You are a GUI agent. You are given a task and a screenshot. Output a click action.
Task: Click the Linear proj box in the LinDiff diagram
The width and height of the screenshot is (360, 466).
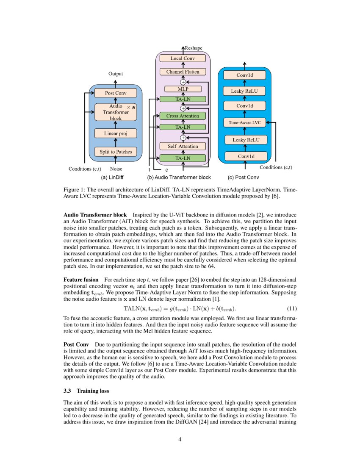pyautogui.click(x=116, y=133)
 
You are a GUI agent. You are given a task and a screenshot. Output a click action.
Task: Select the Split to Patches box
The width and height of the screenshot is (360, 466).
pyautogui.click(x=116, y=152)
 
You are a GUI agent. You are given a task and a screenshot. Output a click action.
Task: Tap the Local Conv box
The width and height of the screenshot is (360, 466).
pyautogui.click(x=183, y=58)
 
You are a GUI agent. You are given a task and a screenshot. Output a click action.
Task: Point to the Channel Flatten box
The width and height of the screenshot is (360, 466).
pyautogui.click(x=183, y=72)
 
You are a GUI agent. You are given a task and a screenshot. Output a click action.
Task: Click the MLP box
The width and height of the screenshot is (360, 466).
pyautogui.click(x=183, y=89)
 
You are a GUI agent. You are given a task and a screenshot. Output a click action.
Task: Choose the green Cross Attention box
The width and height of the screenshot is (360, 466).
pyautogui.click(x=183, y=116)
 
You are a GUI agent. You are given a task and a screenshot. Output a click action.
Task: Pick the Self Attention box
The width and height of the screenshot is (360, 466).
pyautogui.click(x=183, y=147)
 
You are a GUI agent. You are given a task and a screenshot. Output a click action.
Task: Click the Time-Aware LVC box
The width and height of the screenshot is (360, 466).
pyautogui.click(x=245, y=123)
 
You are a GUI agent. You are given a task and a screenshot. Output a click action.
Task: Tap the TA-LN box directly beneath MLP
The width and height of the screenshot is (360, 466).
pyautogui.click(x=183, y=99)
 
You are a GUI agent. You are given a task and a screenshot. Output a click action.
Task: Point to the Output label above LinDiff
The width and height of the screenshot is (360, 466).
pyautogui.click(x=116, y=74)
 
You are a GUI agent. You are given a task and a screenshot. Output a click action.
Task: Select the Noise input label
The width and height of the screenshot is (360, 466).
pyautogui.click(x=116, y=169)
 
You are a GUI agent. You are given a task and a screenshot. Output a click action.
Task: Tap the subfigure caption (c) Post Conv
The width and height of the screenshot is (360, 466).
pyautogui.click(x=244, y=178)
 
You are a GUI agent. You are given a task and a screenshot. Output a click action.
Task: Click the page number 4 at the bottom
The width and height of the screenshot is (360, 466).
pyautogui.click(x=180, y=439)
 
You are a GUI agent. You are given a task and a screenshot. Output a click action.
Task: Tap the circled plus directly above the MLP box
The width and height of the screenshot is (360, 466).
pyautogui.click(x=183, y=82)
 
